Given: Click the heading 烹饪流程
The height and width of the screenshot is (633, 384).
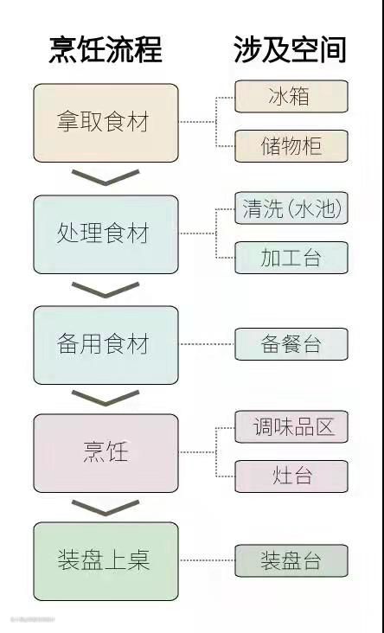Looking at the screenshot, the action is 106,49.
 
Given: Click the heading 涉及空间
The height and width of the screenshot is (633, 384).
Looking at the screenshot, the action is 290,49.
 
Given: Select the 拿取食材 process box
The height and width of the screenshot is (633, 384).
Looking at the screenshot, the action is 106,123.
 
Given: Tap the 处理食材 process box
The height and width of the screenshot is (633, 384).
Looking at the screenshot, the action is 106,234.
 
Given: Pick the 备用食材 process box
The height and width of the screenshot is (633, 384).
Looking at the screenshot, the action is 106,345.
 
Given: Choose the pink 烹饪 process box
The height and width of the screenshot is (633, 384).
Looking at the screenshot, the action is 106,453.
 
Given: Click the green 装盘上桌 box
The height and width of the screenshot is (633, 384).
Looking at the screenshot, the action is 106,561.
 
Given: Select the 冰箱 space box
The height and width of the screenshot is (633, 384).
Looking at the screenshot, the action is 291,97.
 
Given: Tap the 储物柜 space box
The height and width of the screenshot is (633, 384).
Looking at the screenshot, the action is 291,146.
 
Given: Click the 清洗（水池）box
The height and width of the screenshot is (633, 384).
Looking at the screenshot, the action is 291,208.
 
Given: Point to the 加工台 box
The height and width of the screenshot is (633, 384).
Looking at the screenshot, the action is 291,258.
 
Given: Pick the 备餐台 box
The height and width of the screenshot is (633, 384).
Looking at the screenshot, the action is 291,344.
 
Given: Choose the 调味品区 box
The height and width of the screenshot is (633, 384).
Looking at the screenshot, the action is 291,426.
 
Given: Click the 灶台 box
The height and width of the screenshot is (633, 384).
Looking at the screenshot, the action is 291,476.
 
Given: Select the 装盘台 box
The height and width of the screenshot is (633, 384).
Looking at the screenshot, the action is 291,560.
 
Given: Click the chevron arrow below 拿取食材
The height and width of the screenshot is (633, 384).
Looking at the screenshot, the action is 106,182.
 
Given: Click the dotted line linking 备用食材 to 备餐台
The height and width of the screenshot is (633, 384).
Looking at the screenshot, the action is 207,344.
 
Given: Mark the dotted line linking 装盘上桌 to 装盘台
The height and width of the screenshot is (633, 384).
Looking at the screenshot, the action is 207,560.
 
